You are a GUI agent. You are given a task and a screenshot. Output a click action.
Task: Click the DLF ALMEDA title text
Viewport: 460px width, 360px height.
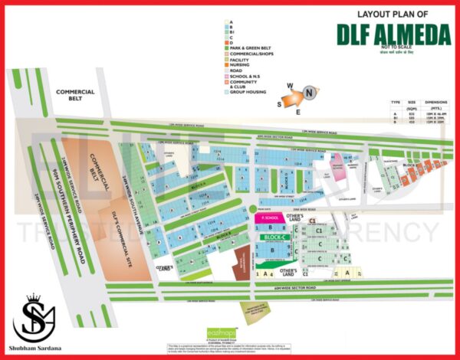coord(384,34)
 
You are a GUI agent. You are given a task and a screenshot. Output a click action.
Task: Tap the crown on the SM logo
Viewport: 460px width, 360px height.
coord(33,299)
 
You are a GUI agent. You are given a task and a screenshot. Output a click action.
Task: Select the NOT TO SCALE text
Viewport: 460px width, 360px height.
coord(383,47)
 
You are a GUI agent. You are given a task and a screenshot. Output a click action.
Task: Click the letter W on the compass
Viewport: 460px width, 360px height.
coord(290,85)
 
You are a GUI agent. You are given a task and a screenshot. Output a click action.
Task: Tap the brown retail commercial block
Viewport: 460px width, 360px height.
coord(241,260)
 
